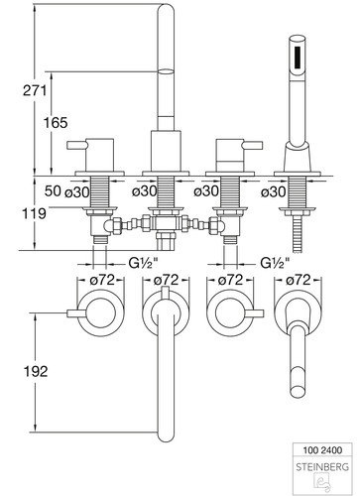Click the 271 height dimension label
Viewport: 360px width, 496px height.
[35, 90]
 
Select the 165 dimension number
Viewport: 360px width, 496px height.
[56, 123]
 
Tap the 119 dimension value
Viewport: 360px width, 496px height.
[34, 213]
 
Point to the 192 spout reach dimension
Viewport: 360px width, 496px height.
[36, 371]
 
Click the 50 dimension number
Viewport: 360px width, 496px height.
[53, 190]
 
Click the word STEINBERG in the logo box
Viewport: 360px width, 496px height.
[322, 467]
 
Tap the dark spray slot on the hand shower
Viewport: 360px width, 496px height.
[298, 57]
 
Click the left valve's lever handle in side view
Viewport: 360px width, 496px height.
[77, 145]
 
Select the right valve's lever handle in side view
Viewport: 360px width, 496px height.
[253, 145]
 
